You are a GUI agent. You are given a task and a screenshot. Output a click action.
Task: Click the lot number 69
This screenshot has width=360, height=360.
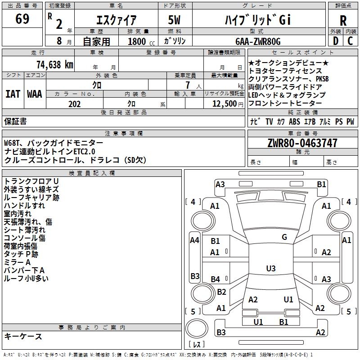coord(22,19)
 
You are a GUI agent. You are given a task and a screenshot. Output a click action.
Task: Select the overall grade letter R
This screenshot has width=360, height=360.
coord(343,20)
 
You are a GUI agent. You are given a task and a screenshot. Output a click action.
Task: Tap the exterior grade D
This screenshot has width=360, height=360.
coord(336,41)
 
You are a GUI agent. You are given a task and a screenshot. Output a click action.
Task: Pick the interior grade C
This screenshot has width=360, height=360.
coord(351,41)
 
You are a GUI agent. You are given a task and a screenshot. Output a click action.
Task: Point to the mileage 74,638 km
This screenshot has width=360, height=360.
coord(53,64)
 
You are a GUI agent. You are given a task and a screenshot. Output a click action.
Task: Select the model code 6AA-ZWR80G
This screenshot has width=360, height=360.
coord(258,41)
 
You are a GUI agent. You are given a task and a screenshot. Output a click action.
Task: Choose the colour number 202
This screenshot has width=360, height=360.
coord(74,104)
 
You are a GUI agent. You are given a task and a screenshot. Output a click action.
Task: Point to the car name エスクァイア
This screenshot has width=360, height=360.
coord(116,20)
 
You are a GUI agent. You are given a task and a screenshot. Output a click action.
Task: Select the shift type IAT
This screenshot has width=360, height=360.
coord(13,94)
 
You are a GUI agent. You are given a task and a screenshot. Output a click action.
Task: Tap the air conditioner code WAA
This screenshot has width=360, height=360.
coord(35,94)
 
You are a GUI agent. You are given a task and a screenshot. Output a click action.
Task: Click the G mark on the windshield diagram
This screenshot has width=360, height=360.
coord(284,237)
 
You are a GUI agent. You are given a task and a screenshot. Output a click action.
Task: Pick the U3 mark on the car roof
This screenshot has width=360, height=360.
coord(270,269)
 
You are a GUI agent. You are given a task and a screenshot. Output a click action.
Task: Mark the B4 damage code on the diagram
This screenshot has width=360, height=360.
coord(216,279)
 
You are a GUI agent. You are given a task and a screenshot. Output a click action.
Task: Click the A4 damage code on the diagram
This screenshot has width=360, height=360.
coord(194,240)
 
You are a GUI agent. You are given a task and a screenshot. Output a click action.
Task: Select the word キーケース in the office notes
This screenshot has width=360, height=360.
coord(23,337)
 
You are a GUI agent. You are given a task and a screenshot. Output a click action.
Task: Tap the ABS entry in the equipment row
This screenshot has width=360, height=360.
coord(294,122)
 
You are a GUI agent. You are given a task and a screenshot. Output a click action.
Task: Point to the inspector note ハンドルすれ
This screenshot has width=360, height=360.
coord(24,206)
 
